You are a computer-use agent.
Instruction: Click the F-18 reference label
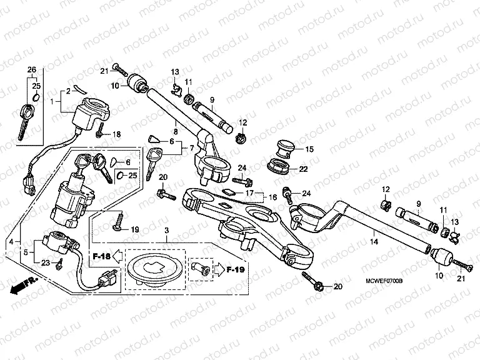[x=101, y=256]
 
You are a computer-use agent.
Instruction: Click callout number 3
[x=166, y=231]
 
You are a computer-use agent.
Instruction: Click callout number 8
[x=176, y=132]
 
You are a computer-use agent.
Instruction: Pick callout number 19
[x=134, y=230]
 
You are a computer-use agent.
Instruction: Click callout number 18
[x=116, y=134]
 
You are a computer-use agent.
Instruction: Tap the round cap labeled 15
[x=279, y=149]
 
